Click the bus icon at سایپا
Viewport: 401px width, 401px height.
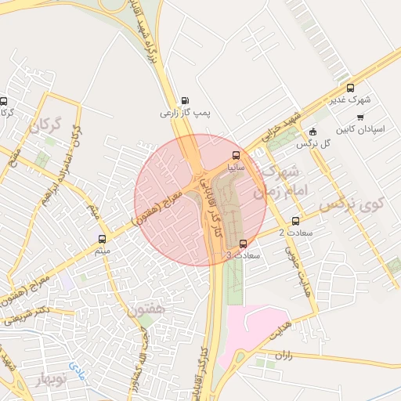[237, 155]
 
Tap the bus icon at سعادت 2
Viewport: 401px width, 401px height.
[295, 221]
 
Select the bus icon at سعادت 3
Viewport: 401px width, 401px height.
[243, 244]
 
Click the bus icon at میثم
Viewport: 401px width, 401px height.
[102, 238]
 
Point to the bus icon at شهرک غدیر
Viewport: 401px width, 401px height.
[350, 89]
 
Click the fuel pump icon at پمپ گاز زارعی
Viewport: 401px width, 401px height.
[185, 99]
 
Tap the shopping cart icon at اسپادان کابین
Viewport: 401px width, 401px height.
[360, 117]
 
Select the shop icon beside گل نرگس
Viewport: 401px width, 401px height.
[314, 132]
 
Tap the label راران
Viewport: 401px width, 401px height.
[284, 355]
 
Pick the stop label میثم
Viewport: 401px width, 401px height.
[102, 251]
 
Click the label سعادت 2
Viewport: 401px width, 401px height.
[291, 233]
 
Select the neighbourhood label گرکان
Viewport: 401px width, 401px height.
[45, 125]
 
